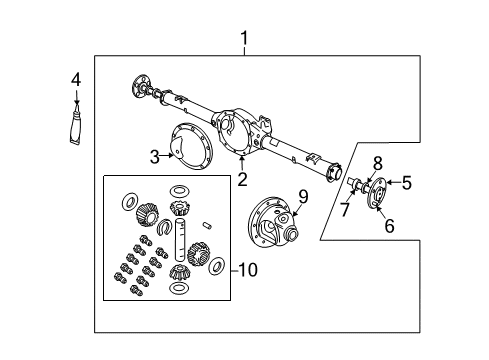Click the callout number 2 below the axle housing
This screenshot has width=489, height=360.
click(241, 180)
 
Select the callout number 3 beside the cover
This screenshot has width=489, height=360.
click(155, 156)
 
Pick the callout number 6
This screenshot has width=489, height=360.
click(389, 226)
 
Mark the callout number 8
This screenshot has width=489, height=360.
click(378, 163)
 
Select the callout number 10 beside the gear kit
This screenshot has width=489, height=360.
click(247, 271)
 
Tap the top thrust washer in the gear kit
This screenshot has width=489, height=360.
click(180, 190)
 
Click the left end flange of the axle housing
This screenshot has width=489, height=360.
click(140, 83)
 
